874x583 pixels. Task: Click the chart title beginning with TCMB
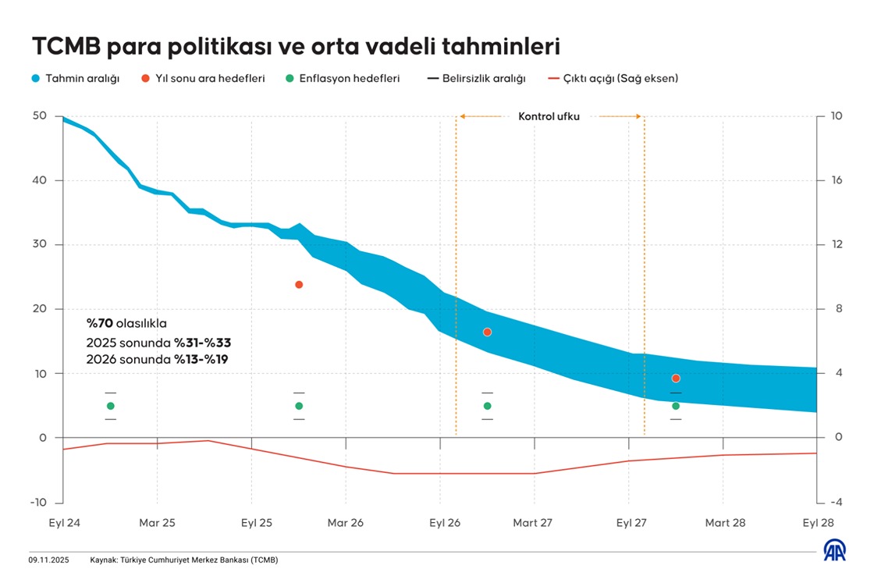click(x=296, y=47)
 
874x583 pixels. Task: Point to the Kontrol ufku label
click(x=549, y=117)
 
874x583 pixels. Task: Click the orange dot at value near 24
click(x=299, y=285)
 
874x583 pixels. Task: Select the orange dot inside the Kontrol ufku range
click(x=488, y=332)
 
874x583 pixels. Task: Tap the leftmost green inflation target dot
click(x=111, y=406)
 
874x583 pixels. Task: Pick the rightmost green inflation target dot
click(x=676, y=406)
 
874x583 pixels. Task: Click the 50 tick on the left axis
click(x=40, y=116)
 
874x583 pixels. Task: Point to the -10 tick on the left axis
click(x=37, y=502)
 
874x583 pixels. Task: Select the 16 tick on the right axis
click(x=837, y=180)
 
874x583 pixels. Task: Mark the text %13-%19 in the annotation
click(x=203, y=360)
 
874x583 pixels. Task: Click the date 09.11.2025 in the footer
click(x=49, y=560)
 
